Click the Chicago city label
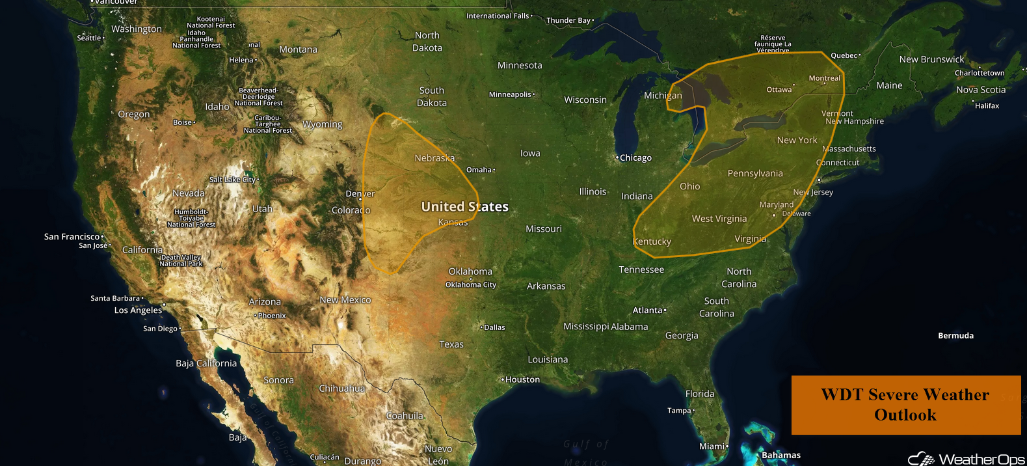[x=635, y=158]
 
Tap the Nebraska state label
[x=434, y=158]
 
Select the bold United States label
[x=464, y=207]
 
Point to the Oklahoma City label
[x=470, y=285]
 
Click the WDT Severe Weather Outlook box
[x=905, y=405]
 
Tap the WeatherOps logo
[x=967, y=459]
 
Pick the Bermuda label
[x=955, y=336]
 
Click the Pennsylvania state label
[x=755, y=174]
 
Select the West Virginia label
[x=719, y=219]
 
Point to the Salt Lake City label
[x=232, y=180]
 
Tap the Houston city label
[x=522, y=379]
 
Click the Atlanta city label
[x=648, y=310]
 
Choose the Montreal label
[x=824, y=78]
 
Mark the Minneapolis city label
[x=510, y=94]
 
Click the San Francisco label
[x=72, y=237]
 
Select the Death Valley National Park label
[x=181, y=260]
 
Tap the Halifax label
[x=987, y=105]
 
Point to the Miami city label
[x=712, y=446]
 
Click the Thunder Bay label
[x=568, y=21]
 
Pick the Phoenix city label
[x=271, y=316]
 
